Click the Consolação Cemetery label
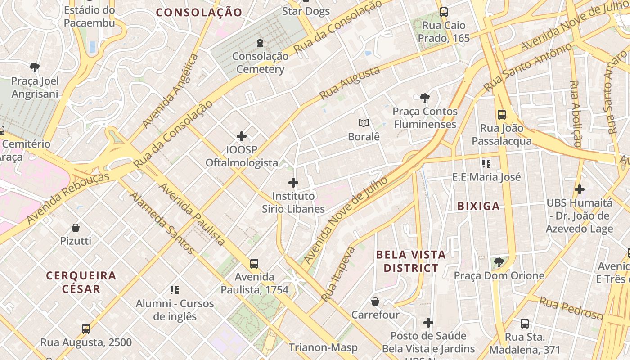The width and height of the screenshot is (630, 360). (x=261, y=63)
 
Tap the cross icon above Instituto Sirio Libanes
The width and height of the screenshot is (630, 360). (x=293, y=183)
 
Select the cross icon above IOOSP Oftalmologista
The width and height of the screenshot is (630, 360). (x=242, y=136)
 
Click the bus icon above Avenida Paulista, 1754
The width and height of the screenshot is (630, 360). (x=254, y=264)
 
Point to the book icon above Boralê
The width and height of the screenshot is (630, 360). (x=364, y=123)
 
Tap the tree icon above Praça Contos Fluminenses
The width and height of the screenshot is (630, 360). (x=424, y=98)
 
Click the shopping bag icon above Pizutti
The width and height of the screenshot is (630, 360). (x=76, y=228)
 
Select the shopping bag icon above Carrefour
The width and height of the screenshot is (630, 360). (x=375, y=301)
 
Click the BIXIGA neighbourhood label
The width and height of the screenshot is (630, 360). (x=478, y=206)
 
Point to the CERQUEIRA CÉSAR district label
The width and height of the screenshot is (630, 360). (x=81, y=282)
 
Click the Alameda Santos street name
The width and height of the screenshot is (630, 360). (x=162, y=223)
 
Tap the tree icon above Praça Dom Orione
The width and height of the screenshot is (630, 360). (x=499, y=262)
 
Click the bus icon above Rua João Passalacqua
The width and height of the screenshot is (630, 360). (x=502, y=115)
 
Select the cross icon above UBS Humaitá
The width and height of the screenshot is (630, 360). (x=580, y=189)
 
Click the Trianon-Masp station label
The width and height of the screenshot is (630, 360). (x=323, y=347)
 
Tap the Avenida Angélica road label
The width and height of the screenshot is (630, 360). (x=170, y=91)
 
